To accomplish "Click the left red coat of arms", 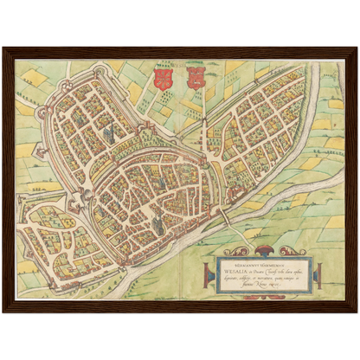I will (x=159, y=79).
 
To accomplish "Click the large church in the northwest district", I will (x=110, y=133).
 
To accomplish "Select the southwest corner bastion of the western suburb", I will (x=29, y=252).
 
